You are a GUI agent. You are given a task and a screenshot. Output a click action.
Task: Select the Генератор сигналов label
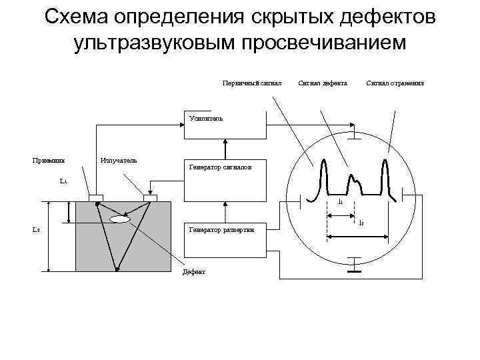coord(220,168)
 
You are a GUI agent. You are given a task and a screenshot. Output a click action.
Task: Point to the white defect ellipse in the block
coord(120,219)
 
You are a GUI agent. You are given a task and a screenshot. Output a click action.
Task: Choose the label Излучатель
coord(118,160)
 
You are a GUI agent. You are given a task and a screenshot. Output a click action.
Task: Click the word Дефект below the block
coord(195,272)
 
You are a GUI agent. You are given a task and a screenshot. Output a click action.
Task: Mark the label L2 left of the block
coord(37,229)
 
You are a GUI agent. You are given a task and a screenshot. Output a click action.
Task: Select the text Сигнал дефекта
coord(323,83)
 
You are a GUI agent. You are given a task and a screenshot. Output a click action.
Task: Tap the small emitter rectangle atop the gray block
coord(149,198)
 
